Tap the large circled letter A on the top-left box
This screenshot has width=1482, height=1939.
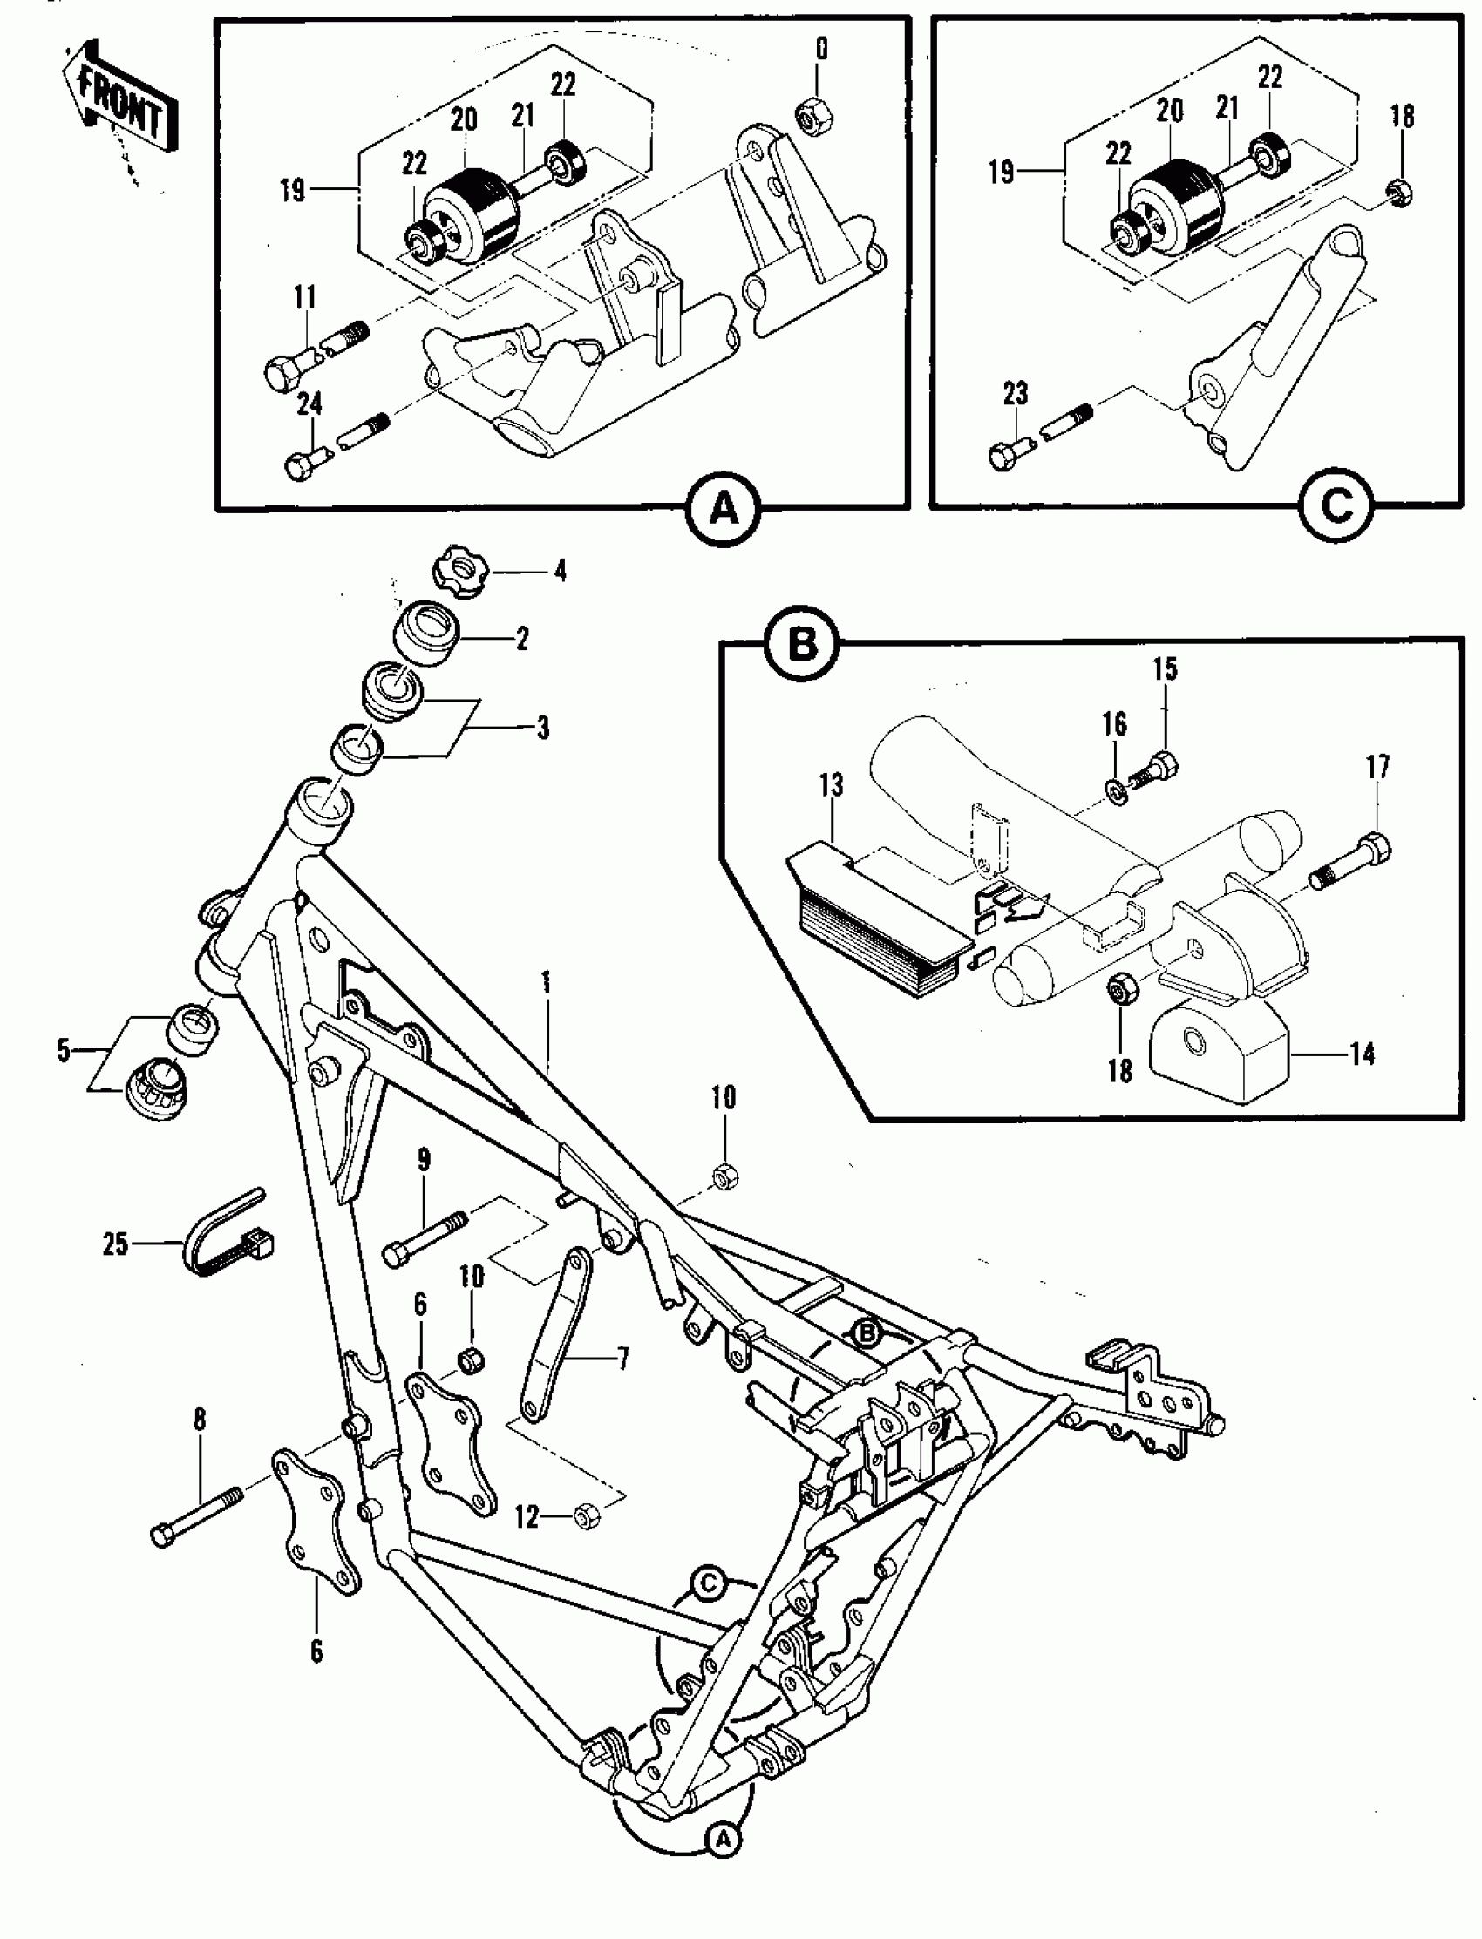[x=724, y=509]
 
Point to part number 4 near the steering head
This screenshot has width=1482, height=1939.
[x=560, y=571]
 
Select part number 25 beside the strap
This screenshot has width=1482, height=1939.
[x=116, y=1244]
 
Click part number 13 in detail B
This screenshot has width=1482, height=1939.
[x=831, y=784]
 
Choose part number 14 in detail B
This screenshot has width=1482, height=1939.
[x=1362, y=1053]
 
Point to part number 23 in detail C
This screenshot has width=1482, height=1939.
[x=1016, y=393]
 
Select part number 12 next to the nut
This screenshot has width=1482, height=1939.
[x=527, y=1516]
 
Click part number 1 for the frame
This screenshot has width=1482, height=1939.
[x=546, y=981]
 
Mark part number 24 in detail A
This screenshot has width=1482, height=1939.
[x=309, y=403]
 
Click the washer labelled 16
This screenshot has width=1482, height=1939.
[x=1115, y=784]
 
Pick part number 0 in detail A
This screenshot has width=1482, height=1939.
[x=821, y=50]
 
